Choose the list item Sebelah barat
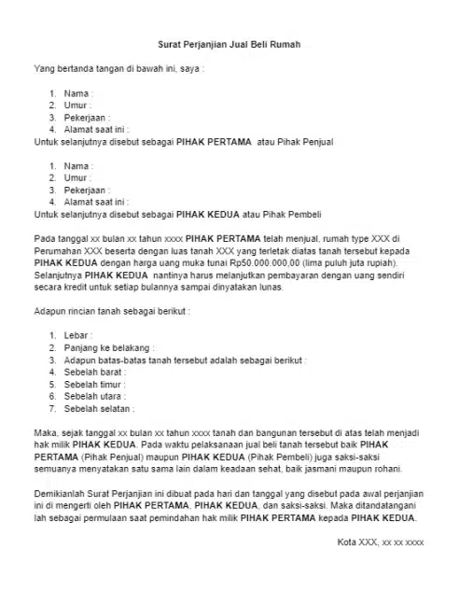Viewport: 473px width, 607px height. (93, 371)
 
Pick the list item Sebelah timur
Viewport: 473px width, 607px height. (93, 383)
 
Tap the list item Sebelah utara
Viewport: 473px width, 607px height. (93, 395)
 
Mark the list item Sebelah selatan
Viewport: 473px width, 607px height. (97, 408)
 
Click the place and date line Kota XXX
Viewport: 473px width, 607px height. (380, 543)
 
